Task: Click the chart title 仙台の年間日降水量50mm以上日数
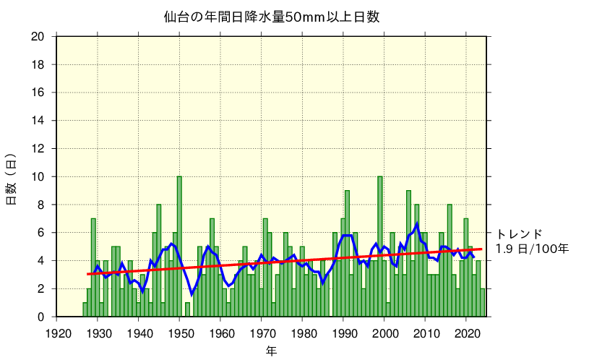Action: coord(272,17)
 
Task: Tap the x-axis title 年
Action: coord(271,351)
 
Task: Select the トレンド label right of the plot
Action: coord(519,233)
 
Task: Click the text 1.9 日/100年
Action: coord(532,249)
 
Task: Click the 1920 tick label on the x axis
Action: coord(58,333)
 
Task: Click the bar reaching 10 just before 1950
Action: coord(179,246)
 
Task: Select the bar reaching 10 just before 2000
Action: coord(380,246)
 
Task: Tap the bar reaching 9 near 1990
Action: coord(347,253)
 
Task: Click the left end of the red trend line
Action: coord(87,274)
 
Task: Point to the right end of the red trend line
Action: coord(481,249)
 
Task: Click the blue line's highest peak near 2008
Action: coord(417,224)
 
